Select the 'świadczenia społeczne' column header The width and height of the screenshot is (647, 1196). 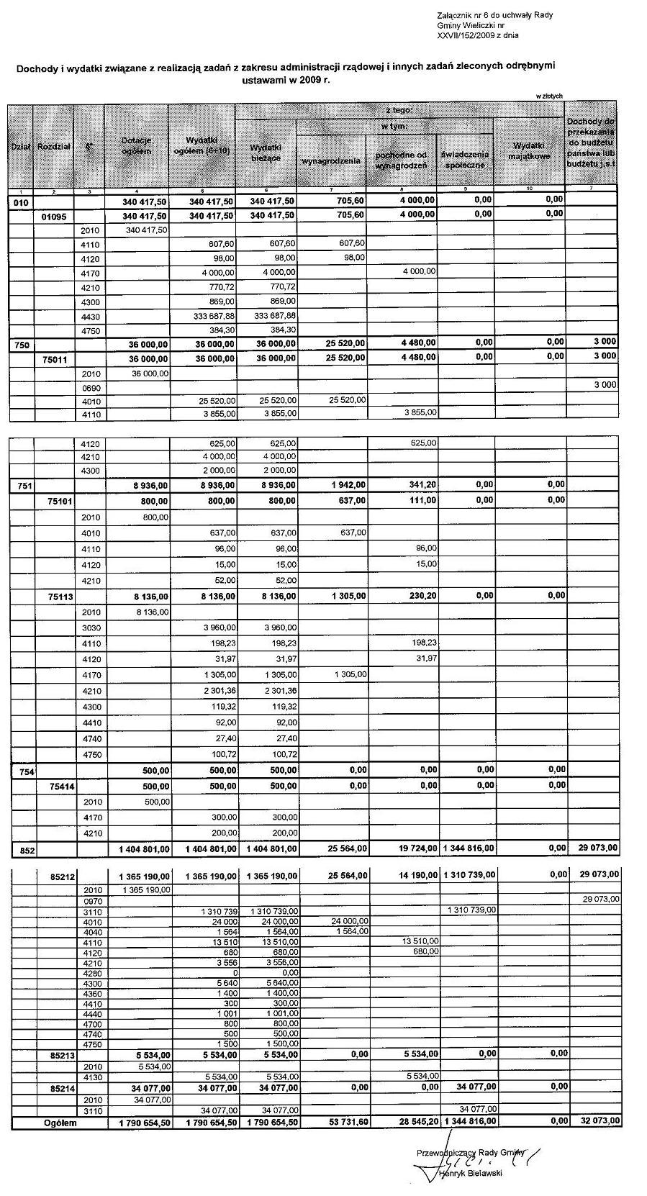(x=466, y=159)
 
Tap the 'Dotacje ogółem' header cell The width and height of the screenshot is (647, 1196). (x=136, y=146)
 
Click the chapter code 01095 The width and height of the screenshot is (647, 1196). (x=53, y=216)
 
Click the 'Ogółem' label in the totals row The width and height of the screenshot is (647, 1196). (x=60, y=1122)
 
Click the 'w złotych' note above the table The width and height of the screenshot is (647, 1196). (x=548, y=96)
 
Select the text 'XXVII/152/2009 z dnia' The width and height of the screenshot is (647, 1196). (x=477, y=35)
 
